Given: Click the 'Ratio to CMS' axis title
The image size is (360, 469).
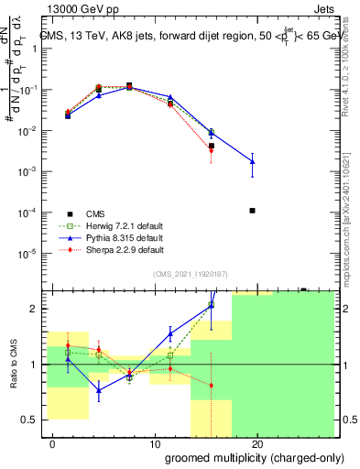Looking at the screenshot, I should click(14, 365).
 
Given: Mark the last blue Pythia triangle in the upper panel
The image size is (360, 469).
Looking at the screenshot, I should click(252, 161).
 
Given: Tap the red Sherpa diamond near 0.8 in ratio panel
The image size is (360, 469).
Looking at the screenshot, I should click(212, 385).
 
